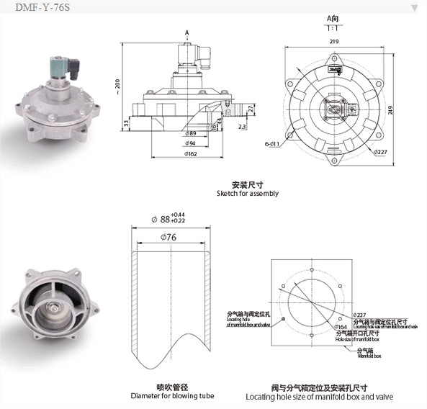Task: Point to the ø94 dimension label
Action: pyautogui.click(x=191, y=144)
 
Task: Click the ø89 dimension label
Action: pyautogui.click(x=191, y=134)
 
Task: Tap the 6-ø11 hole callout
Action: pyautogui.click(x=271, y=145)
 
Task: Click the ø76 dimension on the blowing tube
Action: pyautogui.click(x=170, y=237)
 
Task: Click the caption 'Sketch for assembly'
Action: pyautogui.click(x=247, y=194)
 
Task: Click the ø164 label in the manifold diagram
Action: pyautogui.click(x=341, y=328)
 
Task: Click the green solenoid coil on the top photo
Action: pyautogui.click(x=55, y=69)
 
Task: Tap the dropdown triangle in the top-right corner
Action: pyautogui.click(x=414, y=8)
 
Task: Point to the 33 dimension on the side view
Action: pyautogui.click(x=126, y=124)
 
